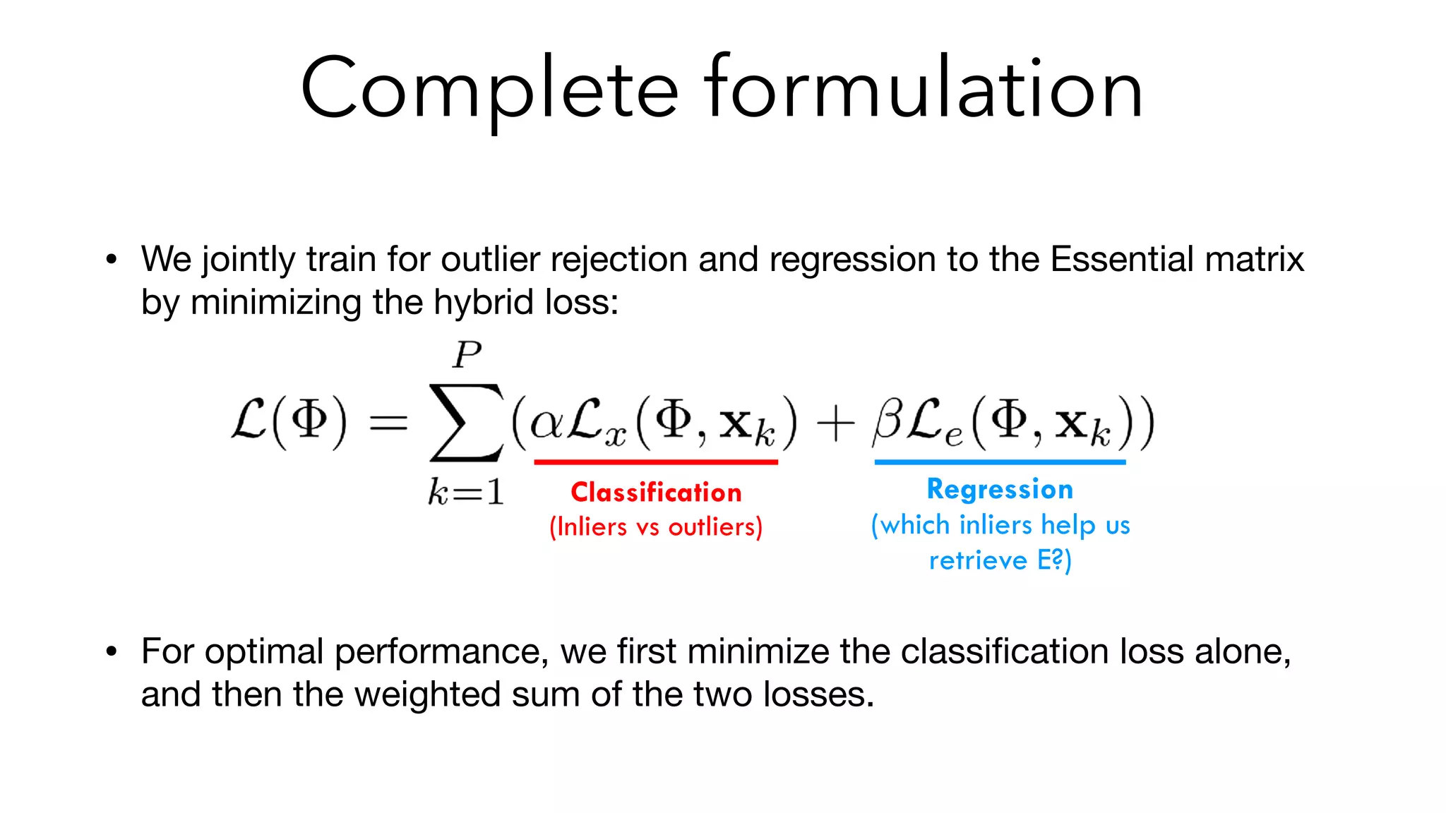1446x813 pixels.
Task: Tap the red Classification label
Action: tap(656, 492)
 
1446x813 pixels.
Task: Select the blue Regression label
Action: tap(1000, 489)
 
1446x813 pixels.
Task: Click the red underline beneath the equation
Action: tap(656, 462)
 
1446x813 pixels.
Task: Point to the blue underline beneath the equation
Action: tap(1000, 462)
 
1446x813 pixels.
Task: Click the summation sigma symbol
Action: tap(466, 423)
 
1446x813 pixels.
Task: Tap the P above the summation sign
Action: tap(467, 354)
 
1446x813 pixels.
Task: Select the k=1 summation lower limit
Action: tap(466, 492)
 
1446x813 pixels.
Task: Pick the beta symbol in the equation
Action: tap(887, 422)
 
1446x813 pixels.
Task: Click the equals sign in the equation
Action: tap(388, 423)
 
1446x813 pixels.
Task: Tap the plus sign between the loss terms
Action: tap(835, 426)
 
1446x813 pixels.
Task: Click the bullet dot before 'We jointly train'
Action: tap(111, 260)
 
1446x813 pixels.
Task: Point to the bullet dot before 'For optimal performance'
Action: tap(111, 651)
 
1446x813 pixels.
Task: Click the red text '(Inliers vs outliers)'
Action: tap(656, 527)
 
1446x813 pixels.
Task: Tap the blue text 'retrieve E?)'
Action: tap(1000, 560)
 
